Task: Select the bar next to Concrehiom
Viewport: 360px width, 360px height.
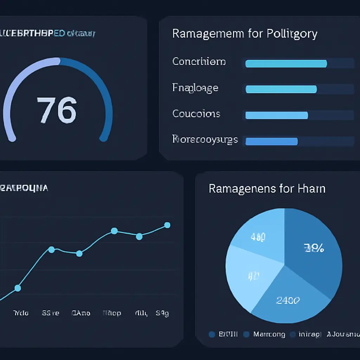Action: click(x=286, y=64)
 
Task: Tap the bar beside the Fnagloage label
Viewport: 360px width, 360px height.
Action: click(x=281, y=89)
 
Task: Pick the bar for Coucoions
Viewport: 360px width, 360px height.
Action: click(x=276, y=115)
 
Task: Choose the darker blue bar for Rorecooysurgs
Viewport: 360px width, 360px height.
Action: click(x=271, y=141)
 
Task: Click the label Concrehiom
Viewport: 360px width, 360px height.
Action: click(x=199, y=62)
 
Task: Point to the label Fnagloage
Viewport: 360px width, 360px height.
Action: click(x=195, y=88)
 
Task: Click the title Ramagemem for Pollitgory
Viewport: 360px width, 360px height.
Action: click(x=245, y=34)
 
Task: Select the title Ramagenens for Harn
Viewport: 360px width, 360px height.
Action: click(x=267, y=188)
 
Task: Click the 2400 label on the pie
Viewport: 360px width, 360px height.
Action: click(x=288, y=300)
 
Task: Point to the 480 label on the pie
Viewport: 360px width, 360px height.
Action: click(x=258, y=237)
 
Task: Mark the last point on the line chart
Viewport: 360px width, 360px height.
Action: click(x=167, y=225)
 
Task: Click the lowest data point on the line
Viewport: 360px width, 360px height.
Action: click(x=18, y=288)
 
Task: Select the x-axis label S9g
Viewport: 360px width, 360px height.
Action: click(x=162, y=313)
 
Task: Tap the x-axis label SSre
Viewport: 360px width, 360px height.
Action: click(x=51, y=313)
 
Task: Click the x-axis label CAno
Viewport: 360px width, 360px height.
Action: click(x=81, y=313)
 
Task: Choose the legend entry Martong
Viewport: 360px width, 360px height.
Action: click(x=269, y=334)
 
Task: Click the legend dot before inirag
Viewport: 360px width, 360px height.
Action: click(x=293, y=335)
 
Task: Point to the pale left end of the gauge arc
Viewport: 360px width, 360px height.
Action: click(x=12, y=138)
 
